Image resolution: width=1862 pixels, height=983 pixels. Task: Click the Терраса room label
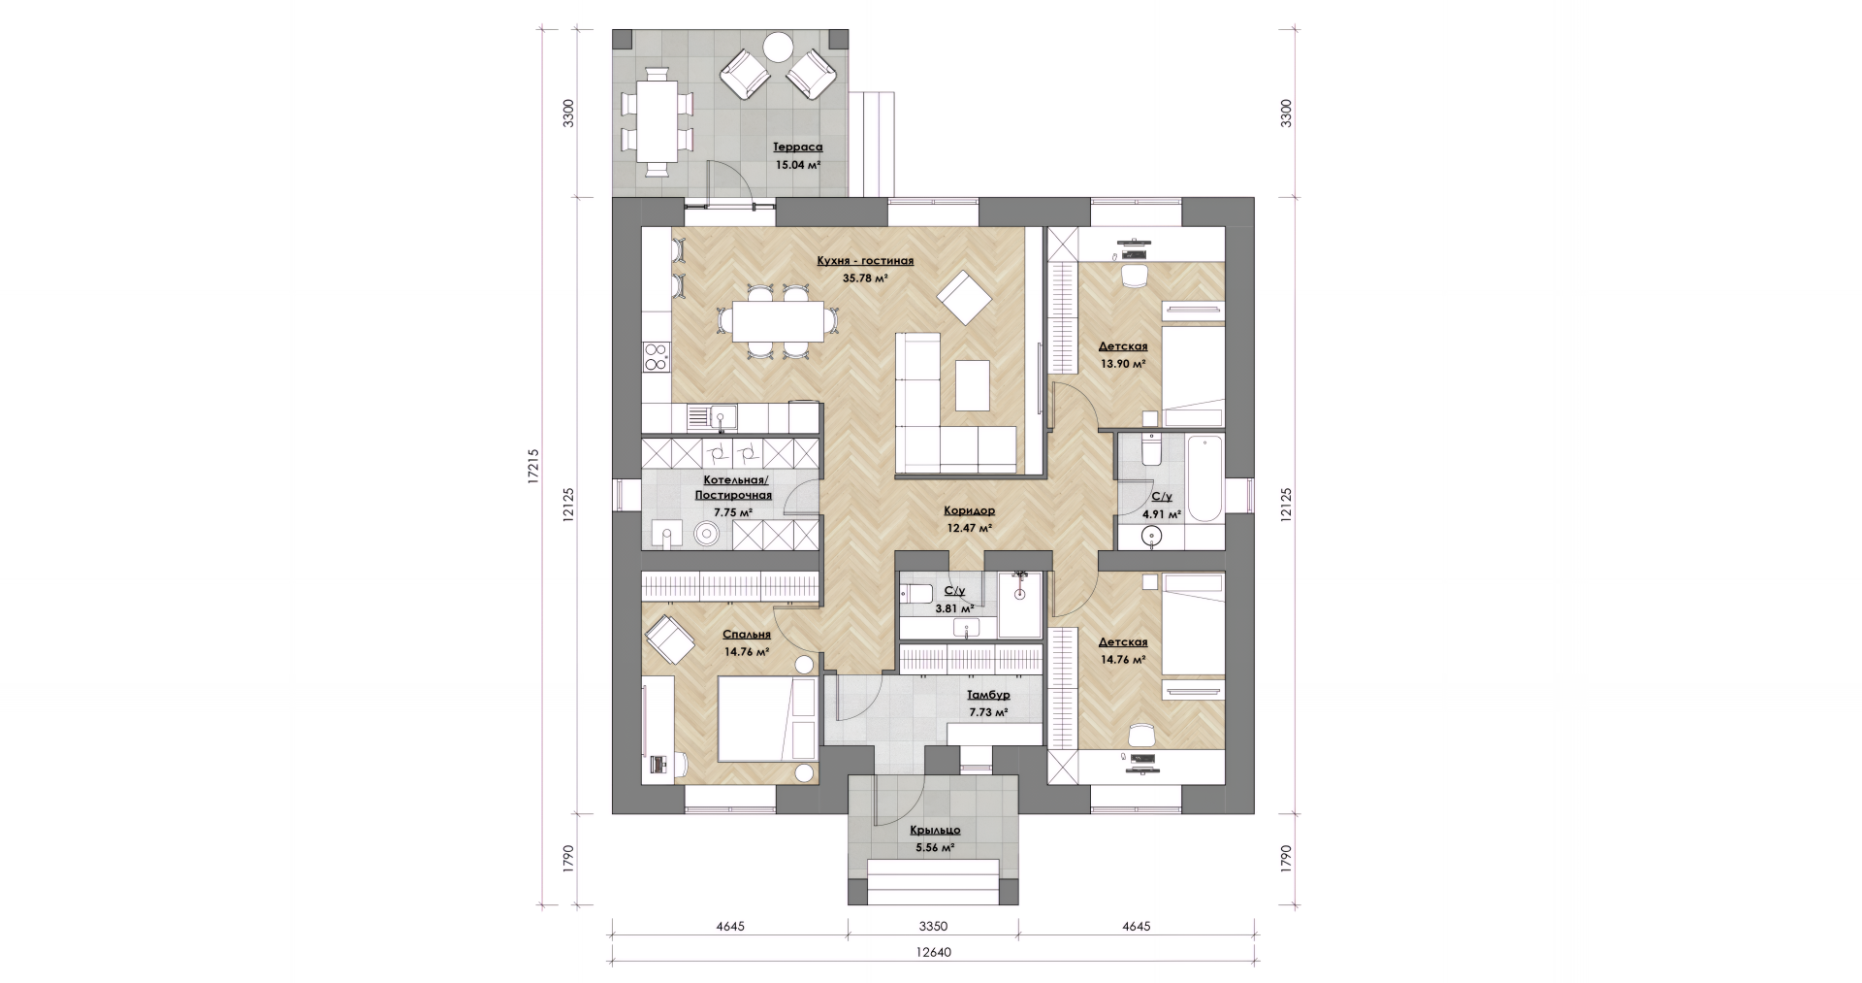[797, 147]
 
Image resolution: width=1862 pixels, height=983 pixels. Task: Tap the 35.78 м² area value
[865, 278]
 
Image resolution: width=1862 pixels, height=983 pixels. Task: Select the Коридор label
[970, 510]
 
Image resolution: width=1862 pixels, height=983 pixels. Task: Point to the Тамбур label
[988, 695]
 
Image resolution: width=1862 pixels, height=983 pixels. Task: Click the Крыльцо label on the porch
[935, 830]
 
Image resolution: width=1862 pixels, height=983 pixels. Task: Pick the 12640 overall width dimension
[932, 952]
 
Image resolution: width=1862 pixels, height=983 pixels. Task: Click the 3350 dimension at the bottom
[933, 926]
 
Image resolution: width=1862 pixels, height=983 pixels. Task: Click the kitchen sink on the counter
[713, 418]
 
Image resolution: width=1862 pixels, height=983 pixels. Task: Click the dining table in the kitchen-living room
[778, 321]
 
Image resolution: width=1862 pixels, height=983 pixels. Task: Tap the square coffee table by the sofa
[973, 385]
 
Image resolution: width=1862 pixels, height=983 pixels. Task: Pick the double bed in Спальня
[767, 719]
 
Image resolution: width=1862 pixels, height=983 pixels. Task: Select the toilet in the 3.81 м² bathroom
[915, 594]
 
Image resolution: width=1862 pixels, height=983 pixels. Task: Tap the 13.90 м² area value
[1123, 364]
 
